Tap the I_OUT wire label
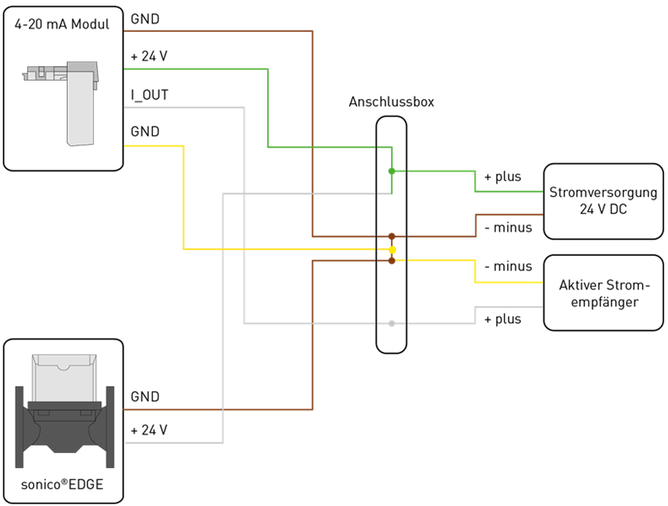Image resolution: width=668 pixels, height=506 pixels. pyautogui.click(x=149, y=95)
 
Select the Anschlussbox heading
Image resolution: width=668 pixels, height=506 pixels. pyautogui.click(x=391, y=102)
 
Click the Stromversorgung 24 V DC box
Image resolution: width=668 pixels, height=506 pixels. pyautogui.click(x=603, y=201)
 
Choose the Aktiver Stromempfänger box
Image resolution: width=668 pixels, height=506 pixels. pyautogui.click(x=603, y=293)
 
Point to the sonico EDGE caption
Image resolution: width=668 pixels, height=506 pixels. pyautogui.click(x=62, y=484)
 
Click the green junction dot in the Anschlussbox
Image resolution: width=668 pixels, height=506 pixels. pyautogui.click(x=392, y=171)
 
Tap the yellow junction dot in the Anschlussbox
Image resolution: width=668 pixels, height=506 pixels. pyautogui.click(x=392, y=249)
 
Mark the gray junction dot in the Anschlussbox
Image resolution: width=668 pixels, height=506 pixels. pyautogui.click(x=392, y=323)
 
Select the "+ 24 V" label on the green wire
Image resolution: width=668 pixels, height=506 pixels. pyautogui.click(x=149, y=57)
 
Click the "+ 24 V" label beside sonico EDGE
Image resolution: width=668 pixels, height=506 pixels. pyautogui.click(x=149, y=431)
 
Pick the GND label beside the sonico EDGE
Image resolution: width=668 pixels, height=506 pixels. pyautogui.click(x=145, y=397)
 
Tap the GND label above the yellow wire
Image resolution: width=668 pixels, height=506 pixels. pyautogui.click(x=145, y=132)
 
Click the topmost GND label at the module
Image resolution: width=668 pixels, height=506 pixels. pyautogui.click(x=145, y=19)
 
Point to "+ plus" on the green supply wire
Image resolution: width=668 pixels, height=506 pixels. pyautogui.click(x=502, y=177)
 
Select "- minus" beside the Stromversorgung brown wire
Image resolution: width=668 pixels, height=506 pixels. pyautogui.click(x=508, y=228)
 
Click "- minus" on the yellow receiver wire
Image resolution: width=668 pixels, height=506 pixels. pyautogui.click(x=508, y=266)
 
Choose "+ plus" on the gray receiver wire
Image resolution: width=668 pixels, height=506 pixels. pyautogui.click(x=502, y=319)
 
